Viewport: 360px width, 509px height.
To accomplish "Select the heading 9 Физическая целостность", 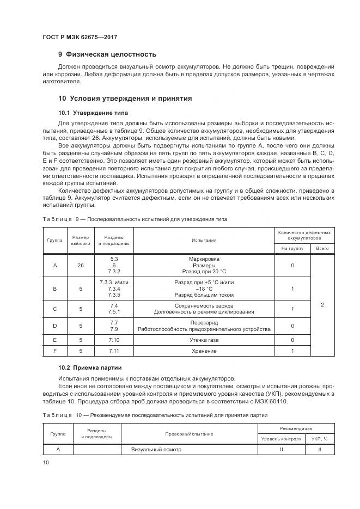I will coord(107,54).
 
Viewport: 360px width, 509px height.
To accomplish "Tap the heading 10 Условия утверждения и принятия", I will coord(125,99).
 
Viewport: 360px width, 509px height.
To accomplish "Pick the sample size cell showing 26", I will coord(81,265).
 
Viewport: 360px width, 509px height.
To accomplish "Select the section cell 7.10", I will coord(114,355).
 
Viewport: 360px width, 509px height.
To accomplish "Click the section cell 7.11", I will coord(114,366).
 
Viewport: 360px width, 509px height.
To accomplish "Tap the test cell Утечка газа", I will coord(204,355).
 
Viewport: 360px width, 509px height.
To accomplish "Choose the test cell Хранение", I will coord(204,366).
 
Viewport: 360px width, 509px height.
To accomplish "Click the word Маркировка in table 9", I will coord(204,259).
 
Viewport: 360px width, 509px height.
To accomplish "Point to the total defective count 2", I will coord(322,305).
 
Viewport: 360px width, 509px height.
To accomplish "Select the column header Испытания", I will coord(204,240).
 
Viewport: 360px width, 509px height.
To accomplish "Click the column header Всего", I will coord(322,248).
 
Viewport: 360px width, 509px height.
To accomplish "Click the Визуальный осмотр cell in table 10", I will coord(156,450).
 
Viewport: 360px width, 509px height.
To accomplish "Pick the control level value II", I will coord(282,450).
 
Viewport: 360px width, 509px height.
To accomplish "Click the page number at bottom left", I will coord(46,462).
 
